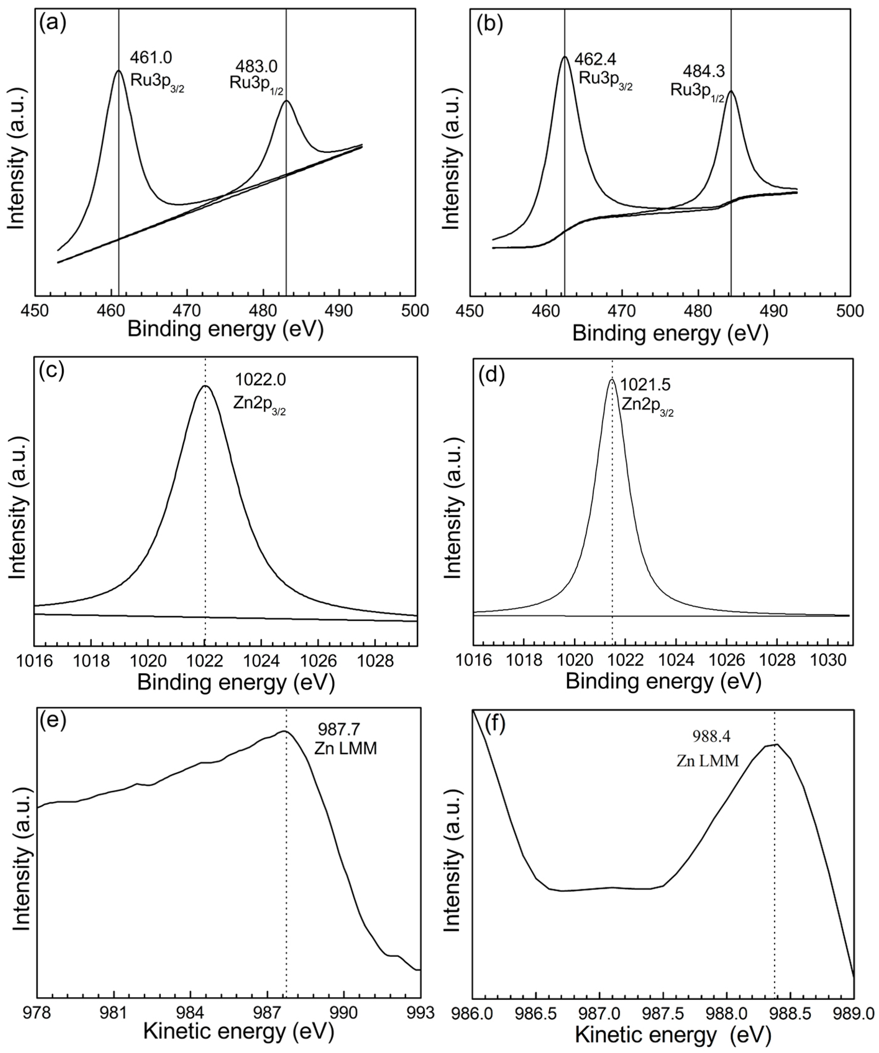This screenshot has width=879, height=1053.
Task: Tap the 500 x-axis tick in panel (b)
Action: click(850, 311)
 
